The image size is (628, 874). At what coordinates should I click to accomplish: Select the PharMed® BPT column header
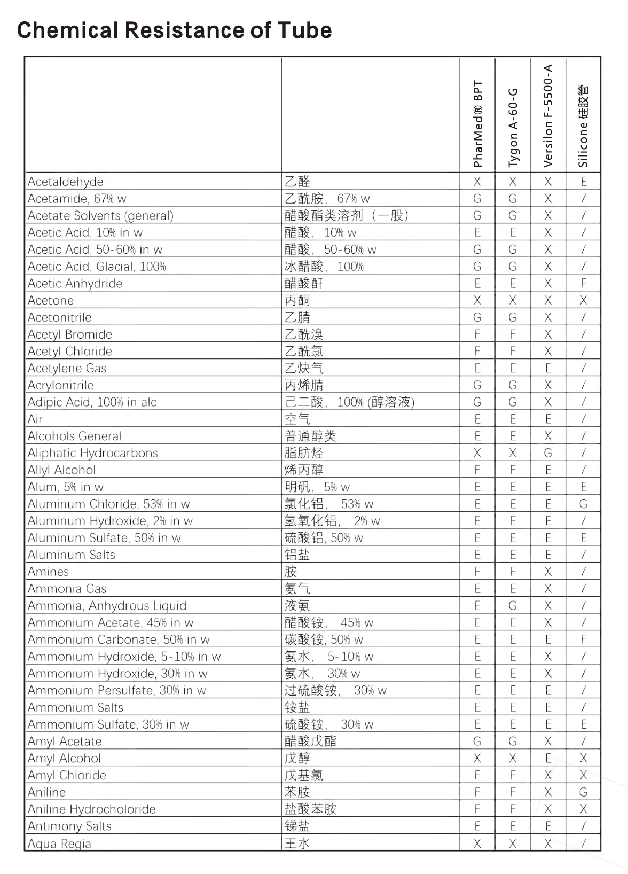tap(477, 124)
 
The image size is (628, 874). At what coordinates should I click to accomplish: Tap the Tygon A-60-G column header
tap(513, 128)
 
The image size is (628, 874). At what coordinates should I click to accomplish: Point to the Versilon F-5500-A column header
tap(548, 116)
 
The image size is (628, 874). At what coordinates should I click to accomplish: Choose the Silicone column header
tap(583, 126)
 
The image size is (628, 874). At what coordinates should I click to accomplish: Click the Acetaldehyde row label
tap(66, 182)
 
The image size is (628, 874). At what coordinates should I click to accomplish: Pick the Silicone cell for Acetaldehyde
tap(584, 182)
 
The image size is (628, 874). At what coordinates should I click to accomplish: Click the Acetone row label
tap(51, 300)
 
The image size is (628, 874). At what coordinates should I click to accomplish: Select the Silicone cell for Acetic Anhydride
tap(584, 283)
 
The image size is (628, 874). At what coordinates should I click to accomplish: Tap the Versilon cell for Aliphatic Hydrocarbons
tap(548, 453)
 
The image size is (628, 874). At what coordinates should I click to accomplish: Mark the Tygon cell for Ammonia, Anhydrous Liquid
tap(513, 606)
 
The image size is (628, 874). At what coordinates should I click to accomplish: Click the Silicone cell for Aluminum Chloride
tap(584, 504)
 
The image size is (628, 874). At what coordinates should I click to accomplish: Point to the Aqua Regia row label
tap(59, 844)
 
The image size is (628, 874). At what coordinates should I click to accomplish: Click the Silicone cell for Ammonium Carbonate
tap(584, 639)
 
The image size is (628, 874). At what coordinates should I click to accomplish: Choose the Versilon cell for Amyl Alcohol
tap(548, 758)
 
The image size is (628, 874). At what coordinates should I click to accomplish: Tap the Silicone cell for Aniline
tap(584, 792)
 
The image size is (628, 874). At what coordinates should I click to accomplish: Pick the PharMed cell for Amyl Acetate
tap(477, 741)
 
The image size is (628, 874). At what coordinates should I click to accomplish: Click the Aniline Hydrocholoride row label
tap(92, 809)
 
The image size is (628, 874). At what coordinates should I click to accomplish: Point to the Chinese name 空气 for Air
tap(297, 419)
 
